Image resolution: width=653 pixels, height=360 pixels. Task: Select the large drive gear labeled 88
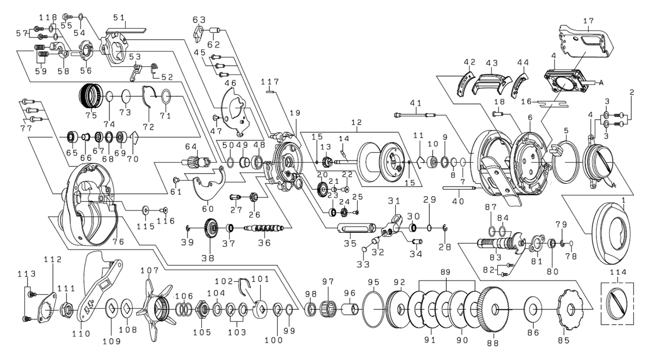[x=495, y=309]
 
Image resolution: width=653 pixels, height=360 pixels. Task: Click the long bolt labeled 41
[x=416, y=114]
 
